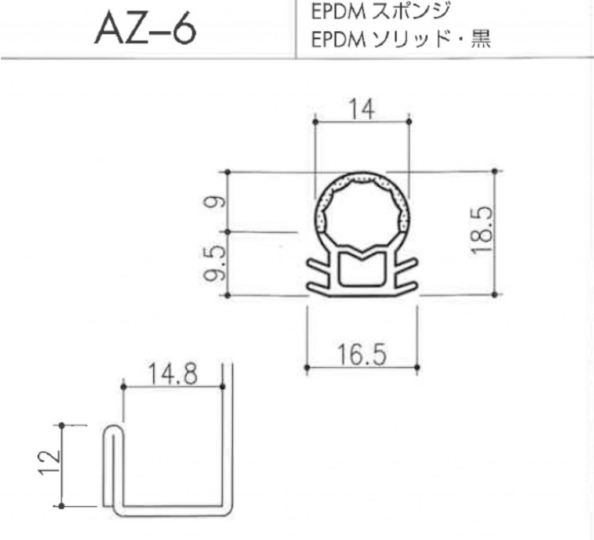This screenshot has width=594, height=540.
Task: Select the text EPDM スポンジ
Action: [x=381, y=11]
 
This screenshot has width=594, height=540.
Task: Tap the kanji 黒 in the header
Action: [x=481, y=39]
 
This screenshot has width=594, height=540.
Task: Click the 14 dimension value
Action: [x=362, y=109]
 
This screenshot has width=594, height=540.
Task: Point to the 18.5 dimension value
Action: [x=483, y=230]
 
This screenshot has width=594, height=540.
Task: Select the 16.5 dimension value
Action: [x=362, y=354]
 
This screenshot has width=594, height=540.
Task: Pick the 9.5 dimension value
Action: [x=215, y=263]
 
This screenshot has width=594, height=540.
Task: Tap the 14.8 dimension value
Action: [x=173, y=374]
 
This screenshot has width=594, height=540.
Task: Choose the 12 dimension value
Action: [x=49, y=462]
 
